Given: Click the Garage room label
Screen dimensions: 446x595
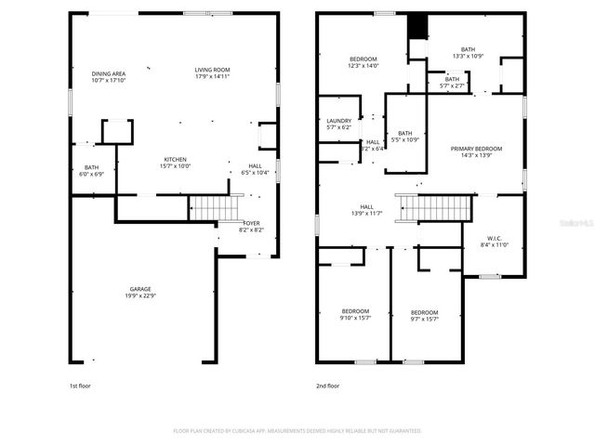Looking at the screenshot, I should coord(141,292).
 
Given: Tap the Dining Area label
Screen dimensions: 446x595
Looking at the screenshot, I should coord(109,76).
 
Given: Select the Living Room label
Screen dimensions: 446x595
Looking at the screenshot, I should coord(212,73).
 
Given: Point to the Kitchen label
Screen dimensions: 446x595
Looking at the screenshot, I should coord(177,163).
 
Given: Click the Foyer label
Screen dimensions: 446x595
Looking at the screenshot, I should coord(251,226).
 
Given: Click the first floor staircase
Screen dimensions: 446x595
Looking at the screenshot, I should coord(208,208).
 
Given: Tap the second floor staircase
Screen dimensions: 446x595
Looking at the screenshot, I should coord(430,208).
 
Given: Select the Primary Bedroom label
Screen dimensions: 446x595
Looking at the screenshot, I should coord(476,152).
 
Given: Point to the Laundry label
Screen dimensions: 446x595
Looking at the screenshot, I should coord(338,124).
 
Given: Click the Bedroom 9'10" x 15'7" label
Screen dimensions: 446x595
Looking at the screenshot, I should coord(355,314).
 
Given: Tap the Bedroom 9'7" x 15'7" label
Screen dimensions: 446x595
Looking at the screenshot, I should coord(424,315).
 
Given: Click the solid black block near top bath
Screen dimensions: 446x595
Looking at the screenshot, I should coord(417,27).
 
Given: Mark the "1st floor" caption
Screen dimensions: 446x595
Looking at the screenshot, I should coord(80,386).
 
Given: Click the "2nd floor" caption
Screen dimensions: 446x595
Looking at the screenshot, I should coord(328,386).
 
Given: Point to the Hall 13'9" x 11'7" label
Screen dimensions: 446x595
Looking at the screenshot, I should coord(367,211).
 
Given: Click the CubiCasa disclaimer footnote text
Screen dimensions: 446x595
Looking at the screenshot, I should coord(297,431).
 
